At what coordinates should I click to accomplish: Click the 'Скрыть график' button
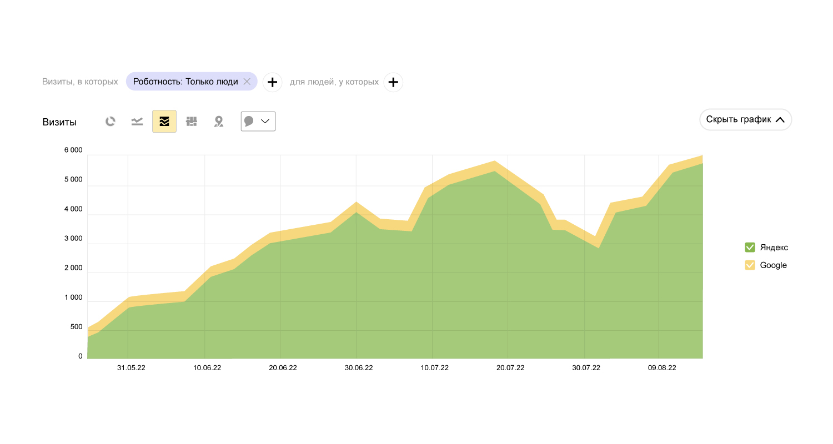coord(745,119)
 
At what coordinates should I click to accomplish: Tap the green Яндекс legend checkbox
coord(750,248)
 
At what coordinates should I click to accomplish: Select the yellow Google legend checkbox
coord(750,265)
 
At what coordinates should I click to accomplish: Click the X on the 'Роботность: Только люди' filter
coord(247,82)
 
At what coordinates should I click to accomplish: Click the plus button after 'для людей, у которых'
coord(393,82)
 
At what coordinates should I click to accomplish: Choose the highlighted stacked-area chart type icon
coord(164,122)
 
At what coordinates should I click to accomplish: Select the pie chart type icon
coord(111,122)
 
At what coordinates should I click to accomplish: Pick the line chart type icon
coord(137,122)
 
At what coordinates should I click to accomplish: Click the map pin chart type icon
coord(219,122)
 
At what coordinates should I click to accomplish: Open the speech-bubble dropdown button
coord(258,122)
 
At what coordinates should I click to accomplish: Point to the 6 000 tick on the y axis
coord(73,150)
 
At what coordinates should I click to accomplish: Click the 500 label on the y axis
coord(76,327)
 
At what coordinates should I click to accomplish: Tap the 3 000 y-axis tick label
coord(73,239)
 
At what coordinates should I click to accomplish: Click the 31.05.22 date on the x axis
coord(131,368)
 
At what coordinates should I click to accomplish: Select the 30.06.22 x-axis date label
coord(359,368)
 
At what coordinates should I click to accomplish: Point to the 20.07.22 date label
coord(510,368)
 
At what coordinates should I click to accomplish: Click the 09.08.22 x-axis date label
coord(662,368)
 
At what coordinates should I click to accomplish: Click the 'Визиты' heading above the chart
coord(59,122)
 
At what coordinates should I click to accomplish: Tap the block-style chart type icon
coord(192,122)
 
